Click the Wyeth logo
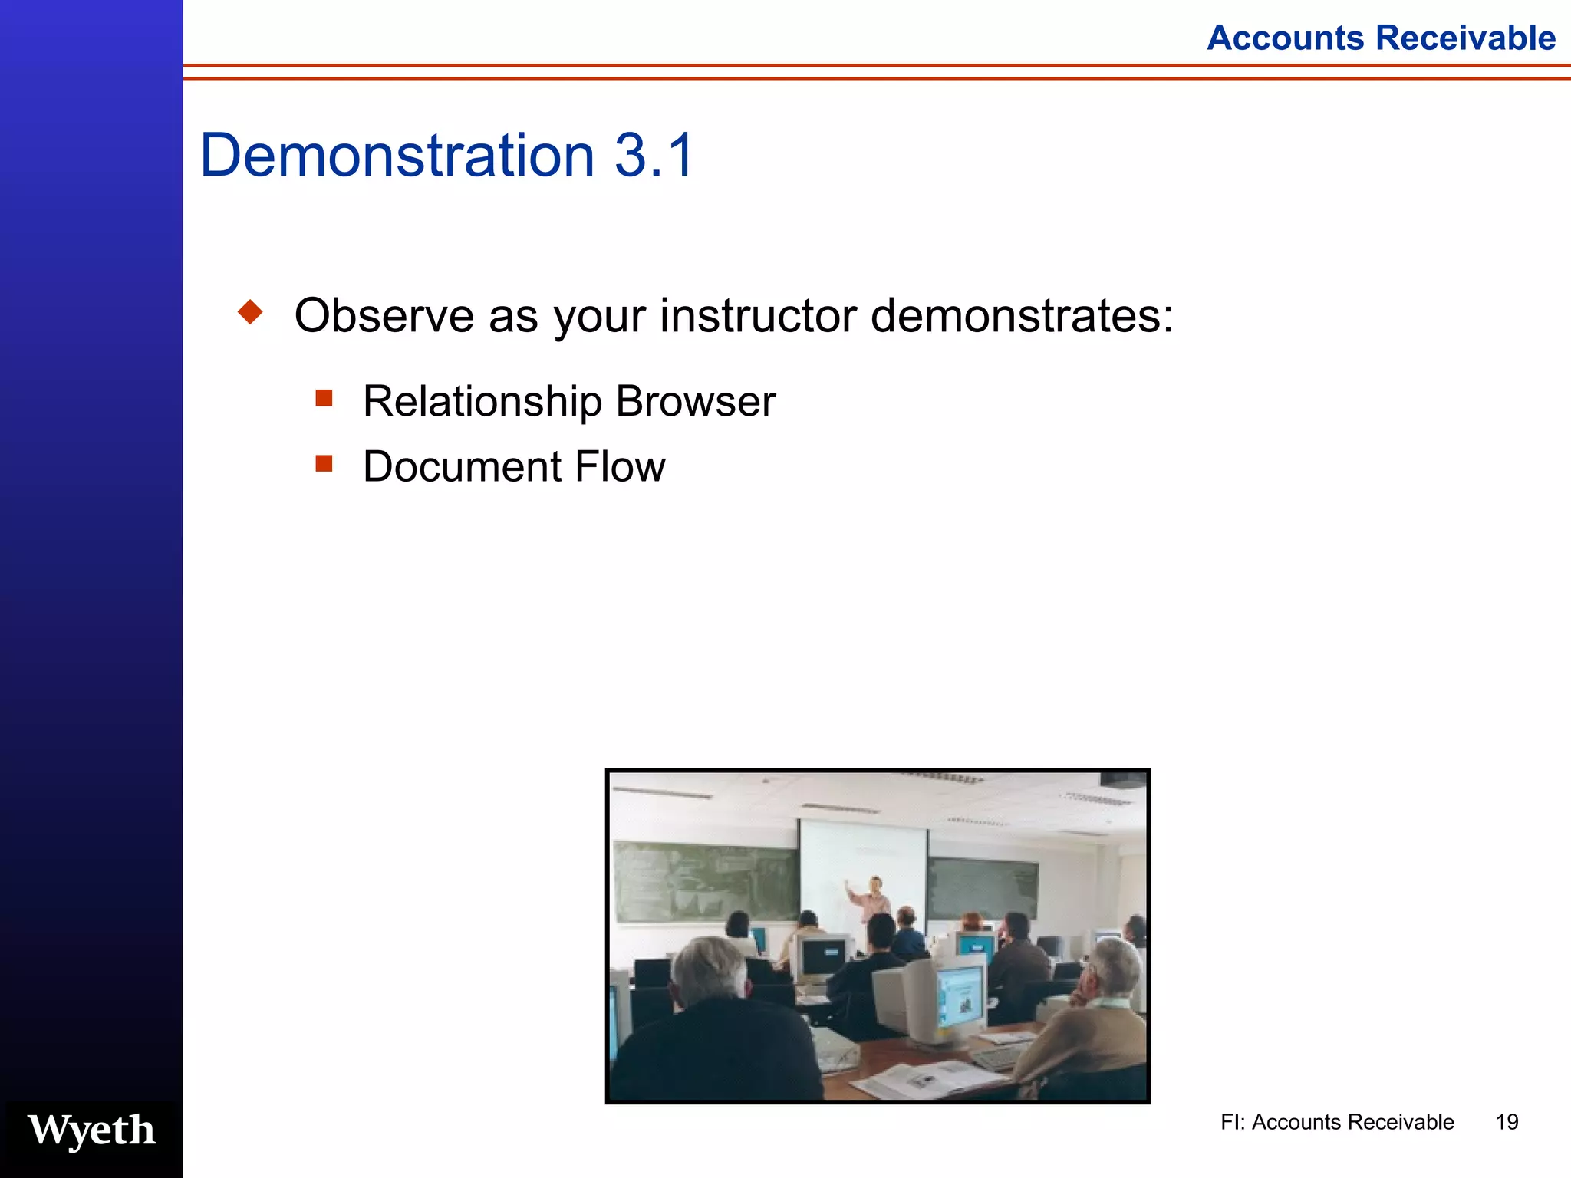coord(91,1130)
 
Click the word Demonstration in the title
coord(397,156)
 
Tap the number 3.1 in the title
coord(654,156)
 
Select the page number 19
coord(1507,1122)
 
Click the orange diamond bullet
coord(250,312)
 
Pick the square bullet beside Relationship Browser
coord(324,398)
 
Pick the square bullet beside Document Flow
coord(324,463)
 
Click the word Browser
coord(695,401)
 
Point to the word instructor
coord(758,315)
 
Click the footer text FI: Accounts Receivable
coord(1336,1122)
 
